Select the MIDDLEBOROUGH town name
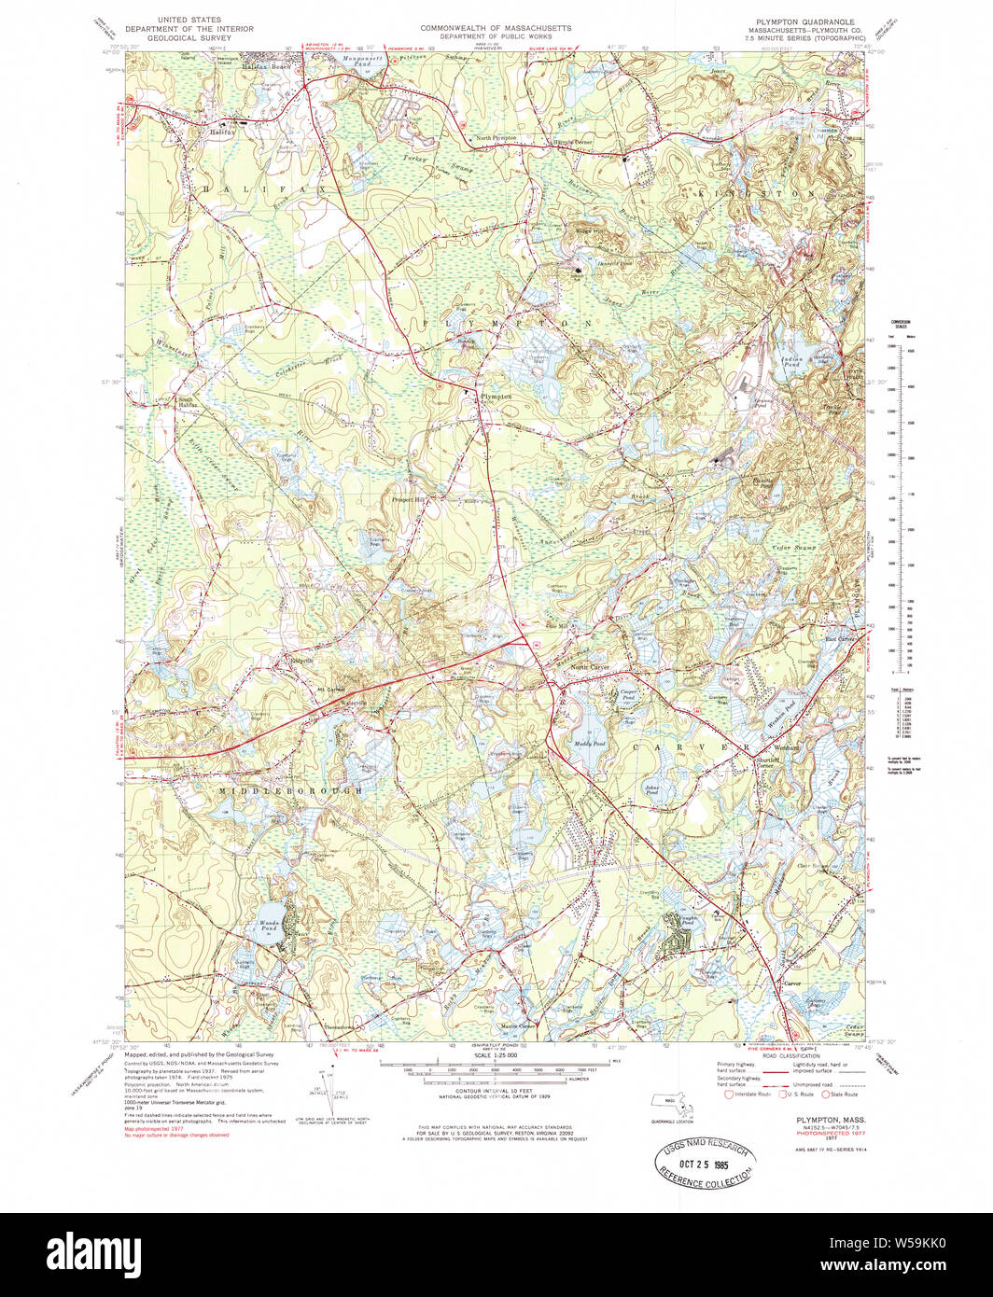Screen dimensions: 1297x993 [x=290, y=791]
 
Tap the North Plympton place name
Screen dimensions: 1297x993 [x=496, y=138]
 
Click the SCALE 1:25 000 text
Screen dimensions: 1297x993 [x=499, y=1055]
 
